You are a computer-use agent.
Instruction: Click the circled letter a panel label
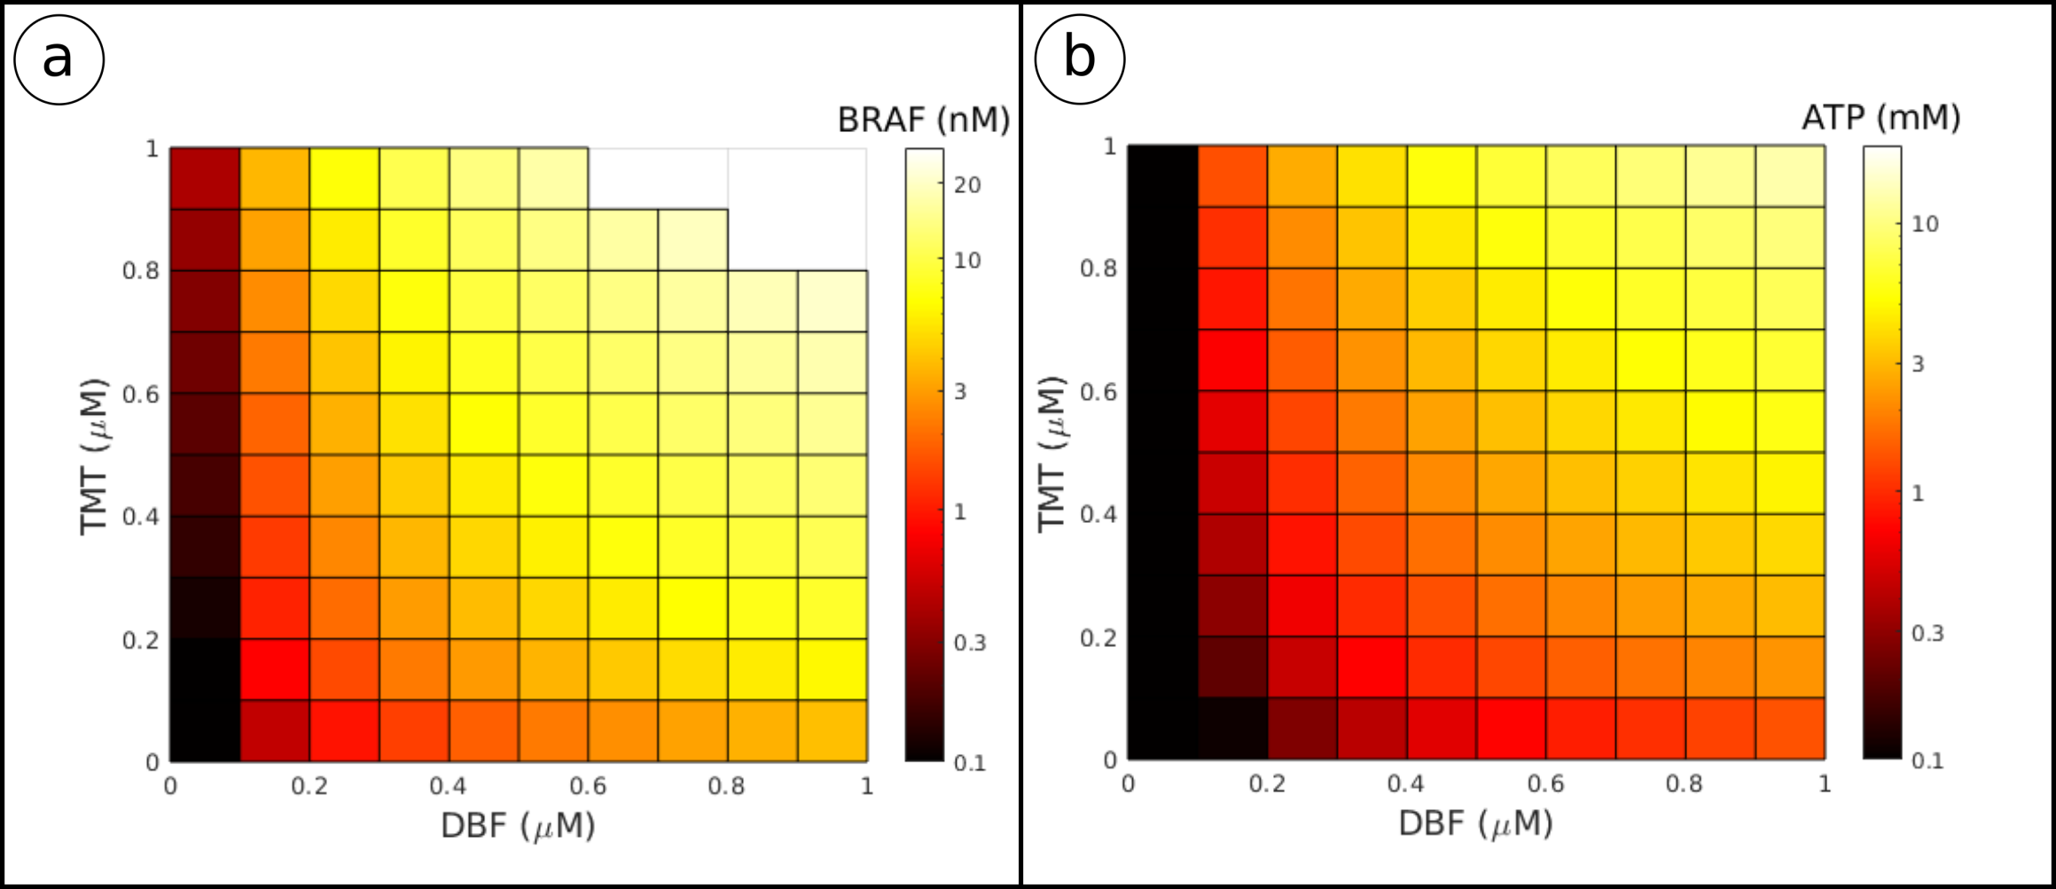(59, 59)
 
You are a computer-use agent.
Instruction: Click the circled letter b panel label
(1079, 59)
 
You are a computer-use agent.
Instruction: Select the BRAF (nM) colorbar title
(923, 120)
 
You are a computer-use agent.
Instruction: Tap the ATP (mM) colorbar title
(1880, 117)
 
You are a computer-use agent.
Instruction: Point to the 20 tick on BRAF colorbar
(967, 185)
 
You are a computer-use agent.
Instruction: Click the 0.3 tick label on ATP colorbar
(1927, 634)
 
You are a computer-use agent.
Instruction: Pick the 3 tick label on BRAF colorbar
(960, 392)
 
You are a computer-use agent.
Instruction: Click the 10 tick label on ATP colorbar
(1925, 224)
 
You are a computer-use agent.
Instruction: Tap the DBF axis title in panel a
(518, 826)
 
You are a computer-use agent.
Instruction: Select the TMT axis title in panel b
(1051, 454)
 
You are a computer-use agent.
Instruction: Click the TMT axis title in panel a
(94, 456)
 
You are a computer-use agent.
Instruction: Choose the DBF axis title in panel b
(1475, 824)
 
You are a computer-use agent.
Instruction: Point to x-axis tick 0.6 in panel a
(588, 786)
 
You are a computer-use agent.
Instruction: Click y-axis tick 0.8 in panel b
(1098, 269)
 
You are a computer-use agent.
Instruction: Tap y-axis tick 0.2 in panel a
(140, 640)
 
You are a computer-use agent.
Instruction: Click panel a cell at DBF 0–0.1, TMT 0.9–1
(205, 178)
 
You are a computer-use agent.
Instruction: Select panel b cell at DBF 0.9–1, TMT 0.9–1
(1790, 176)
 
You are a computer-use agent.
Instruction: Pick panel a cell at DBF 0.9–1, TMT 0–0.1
(833, 730)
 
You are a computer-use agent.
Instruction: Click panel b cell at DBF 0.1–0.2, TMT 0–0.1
(1232, 729)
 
